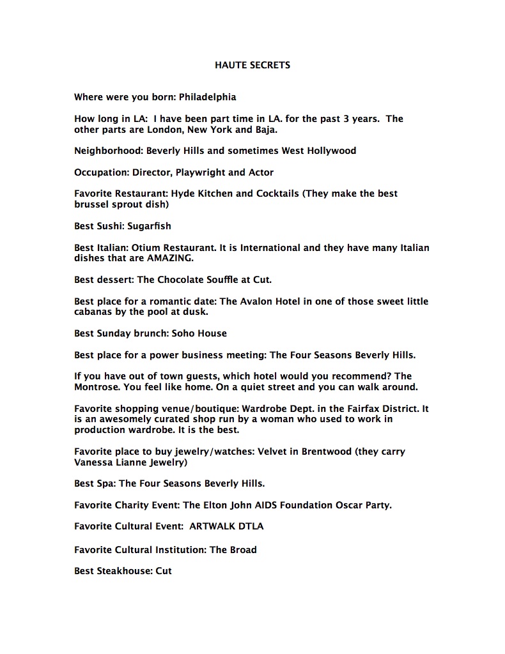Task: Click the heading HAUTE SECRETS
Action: coord(252,65)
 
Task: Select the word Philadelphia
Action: coord(207,97)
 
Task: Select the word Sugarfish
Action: coord(149,226)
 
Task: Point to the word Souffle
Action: coord(217,280)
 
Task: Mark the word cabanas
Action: coord(95,312)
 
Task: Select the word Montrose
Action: coord(96,387)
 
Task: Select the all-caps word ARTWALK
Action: coord(212,527)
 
